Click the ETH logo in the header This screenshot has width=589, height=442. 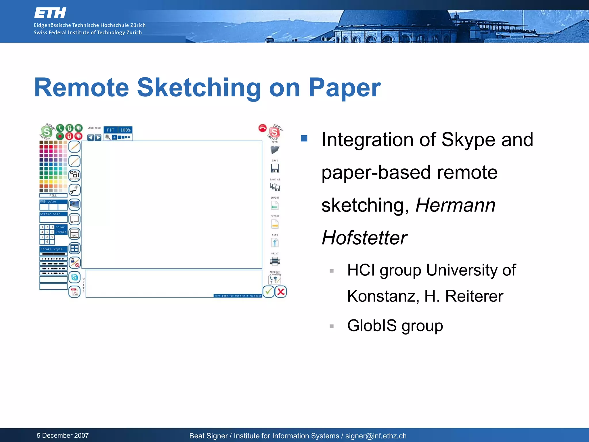coord(50,13)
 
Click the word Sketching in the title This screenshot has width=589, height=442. coord(198,88)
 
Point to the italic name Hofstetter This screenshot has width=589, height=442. coord(364,238)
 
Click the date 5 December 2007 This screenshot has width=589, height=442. coord(63,435)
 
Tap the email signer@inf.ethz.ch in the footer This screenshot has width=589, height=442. coord(376,436)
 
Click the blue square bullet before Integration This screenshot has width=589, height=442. coord(304,138)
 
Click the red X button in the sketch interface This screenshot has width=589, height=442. coord(281,292)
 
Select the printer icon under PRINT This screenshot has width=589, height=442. coord(275,261)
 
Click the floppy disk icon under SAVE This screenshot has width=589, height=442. coord(275,168)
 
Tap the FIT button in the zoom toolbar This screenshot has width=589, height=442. coord(110,130)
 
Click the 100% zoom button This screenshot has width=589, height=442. coord(125,130)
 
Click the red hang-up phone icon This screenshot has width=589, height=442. coord(262,128)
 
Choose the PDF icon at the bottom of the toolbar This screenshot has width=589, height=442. coord(74,292)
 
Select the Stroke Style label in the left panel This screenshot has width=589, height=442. coord(51,249)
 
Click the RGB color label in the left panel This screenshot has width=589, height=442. coord(48,201)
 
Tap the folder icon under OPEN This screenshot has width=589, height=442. coord(275,150)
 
